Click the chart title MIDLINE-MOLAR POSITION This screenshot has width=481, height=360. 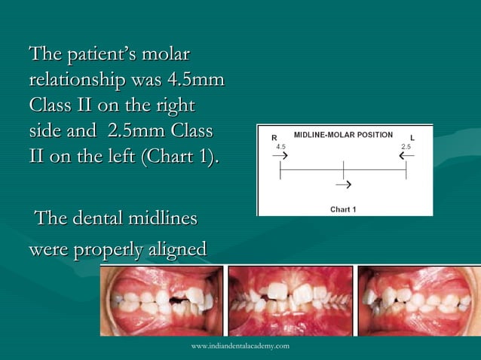[x=343, y=135]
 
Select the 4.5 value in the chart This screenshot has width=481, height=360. [x=281, y=146]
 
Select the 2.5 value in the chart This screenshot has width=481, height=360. [x=406, y=146]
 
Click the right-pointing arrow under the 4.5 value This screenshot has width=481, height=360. [x=280, y=156]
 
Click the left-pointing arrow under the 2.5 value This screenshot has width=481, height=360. [x=406, y=156]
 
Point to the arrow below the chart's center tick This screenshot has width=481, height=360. [x=343, y=184]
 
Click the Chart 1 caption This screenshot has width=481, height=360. [x=344, y=209]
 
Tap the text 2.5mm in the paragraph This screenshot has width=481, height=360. [x=136, y=130]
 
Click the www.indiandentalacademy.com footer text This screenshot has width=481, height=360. [x=240, y=345]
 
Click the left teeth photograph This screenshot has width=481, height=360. [x=162, y=301]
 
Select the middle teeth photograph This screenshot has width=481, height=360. [x=290, y=301]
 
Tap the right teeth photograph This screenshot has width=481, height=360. [x=418, y=301]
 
